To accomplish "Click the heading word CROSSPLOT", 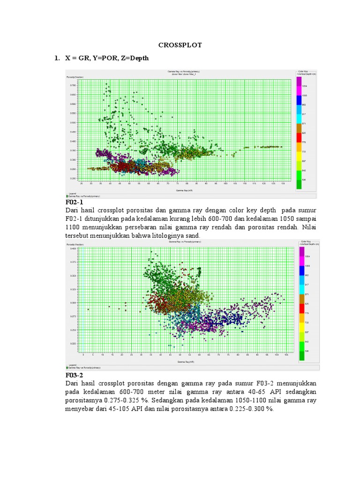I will pyautogui.click(x=180, y=45).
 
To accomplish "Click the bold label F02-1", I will pyautogui.click(x=76, y=202).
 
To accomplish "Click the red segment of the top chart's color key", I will pyautogui.click(x=299, y=138).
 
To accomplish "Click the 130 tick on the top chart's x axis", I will pyautogui.click(x=283, y=183).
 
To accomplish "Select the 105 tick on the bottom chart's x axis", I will pyautogui.click(x=286, y=355).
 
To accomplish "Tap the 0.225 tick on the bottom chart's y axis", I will pyautogui.click(x=72, y=344).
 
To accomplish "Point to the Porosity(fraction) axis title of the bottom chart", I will pyautogui.click(x=75, y=244).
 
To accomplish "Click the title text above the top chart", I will pyautogui.click(x=183, y=72).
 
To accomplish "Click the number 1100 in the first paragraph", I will pyautogui.click(x=75, y=227).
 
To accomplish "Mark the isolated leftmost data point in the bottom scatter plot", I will pyautogui.click(x=88, y=309).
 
